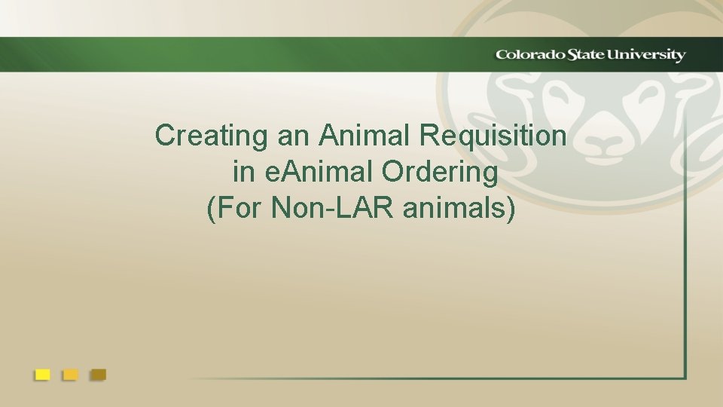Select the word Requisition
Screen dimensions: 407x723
(493, 136)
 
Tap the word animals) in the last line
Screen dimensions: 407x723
(460, 209)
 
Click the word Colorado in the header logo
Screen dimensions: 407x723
(526, 55)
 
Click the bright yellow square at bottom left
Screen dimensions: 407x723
(43, 374)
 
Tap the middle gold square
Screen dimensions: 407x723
(70, 374)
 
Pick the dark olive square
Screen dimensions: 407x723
(98, 374)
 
